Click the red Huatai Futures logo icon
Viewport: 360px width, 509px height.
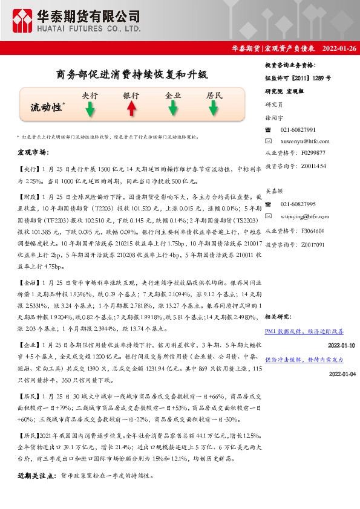click(x=23, y=21)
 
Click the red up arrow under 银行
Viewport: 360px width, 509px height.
click(x=131, y=109)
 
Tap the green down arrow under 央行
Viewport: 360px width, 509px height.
click(x=90, y=109)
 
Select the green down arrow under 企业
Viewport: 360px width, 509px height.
click(x=173, y=109)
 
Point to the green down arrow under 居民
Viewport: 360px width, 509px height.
click(x=214, y=109)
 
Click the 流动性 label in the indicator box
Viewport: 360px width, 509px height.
click(x=47, y=107)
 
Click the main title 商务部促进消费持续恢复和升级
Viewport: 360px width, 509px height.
click(x=132, y=75)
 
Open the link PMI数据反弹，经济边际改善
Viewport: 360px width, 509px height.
click(x=304, y=332)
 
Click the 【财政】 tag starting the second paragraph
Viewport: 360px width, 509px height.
click(x=28, y=197)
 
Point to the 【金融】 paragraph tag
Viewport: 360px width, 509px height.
click(x=28, y=282)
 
